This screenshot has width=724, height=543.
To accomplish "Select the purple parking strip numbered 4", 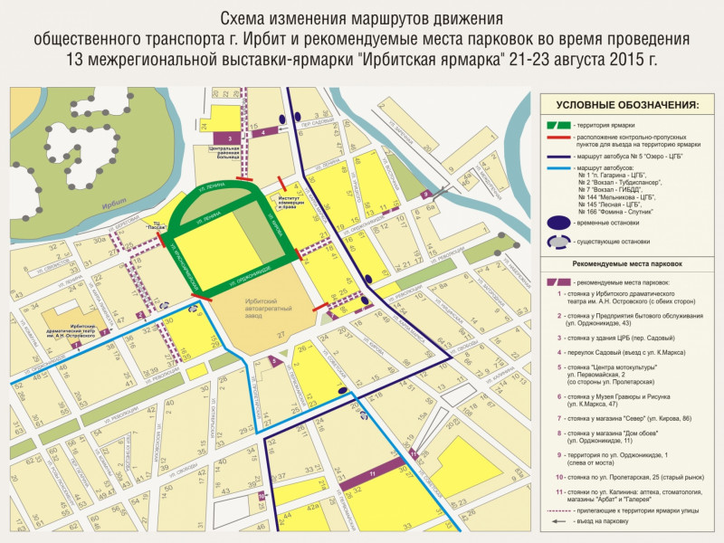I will (x=263, y=132).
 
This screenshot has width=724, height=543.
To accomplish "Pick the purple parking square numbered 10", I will (x=262, y=496).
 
